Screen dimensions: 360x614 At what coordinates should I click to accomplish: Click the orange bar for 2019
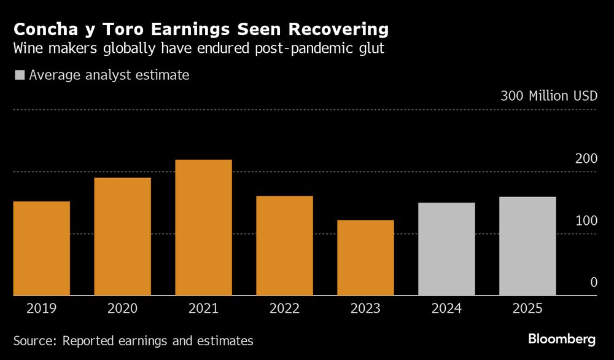[41, 248]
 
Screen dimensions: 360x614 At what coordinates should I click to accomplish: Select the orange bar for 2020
[122, 237]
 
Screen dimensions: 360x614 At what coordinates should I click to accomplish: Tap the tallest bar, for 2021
[203, 227]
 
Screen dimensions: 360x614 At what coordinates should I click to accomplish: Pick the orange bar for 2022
[284, 246]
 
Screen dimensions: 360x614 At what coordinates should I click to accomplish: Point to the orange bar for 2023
[365, 257]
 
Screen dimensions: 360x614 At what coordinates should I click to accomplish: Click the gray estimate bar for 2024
[446, 249]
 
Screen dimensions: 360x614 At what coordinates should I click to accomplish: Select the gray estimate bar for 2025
[527, 246]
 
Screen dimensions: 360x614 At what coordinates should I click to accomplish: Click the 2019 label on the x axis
[41, 308]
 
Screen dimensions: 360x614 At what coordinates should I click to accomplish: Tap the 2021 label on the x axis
[203, 308]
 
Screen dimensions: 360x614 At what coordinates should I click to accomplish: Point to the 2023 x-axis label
[365, 308]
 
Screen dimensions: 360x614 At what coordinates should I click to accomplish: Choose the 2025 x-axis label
[527, 308]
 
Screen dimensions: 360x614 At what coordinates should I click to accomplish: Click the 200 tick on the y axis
[586, 158]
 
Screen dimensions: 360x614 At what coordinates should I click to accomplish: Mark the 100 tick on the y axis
[586, 221]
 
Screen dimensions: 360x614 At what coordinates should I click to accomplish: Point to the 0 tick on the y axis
[593, 283]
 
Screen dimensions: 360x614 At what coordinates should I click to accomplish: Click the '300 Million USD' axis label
[548, 96]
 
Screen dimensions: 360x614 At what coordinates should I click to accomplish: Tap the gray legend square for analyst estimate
[20, 76]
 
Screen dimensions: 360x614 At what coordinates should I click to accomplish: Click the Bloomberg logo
[562, 339]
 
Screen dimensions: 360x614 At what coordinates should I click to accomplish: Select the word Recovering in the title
[336, 29]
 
